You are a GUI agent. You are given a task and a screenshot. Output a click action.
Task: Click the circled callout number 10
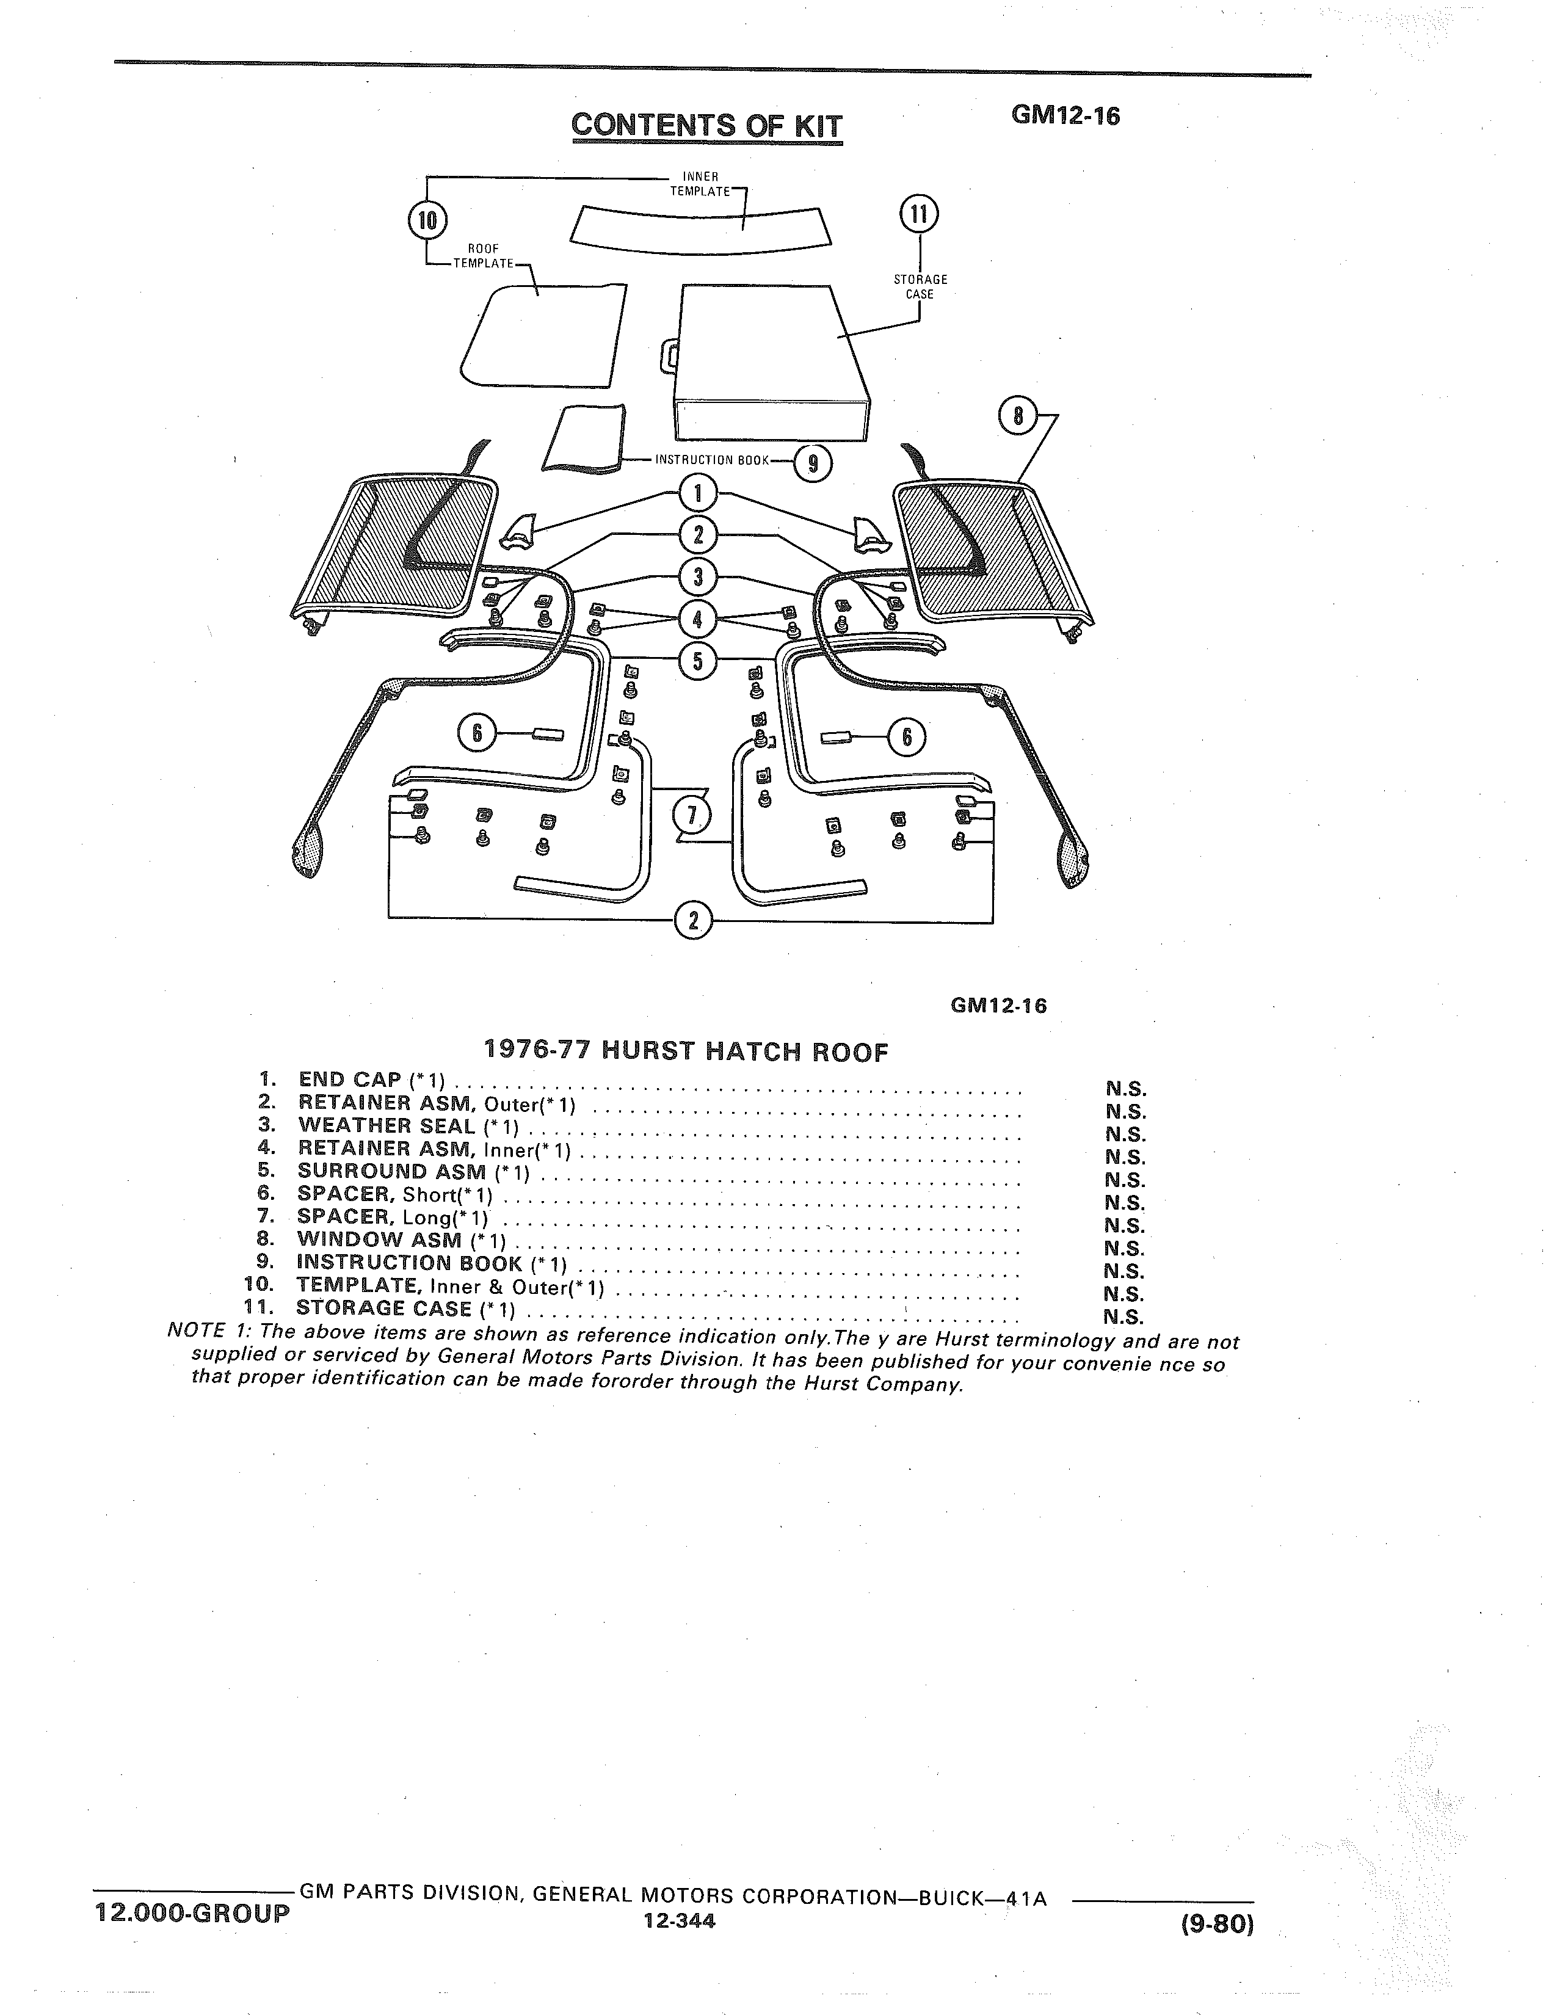[427, 220]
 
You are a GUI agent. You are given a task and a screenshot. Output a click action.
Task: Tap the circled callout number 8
[1018, 416]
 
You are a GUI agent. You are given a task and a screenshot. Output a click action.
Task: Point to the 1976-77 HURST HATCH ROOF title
[686, 1051]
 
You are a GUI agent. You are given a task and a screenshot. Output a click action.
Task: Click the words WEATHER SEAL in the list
[387, 1125]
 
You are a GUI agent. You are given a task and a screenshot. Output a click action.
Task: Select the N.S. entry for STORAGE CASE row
[1124, 1316]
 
